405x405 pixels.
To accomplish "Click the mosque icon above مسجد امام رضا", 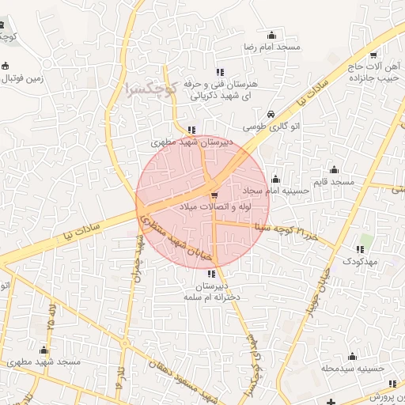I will pos(273,35).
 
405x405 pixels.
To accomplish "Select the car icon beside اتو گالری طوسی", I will pos(271,114).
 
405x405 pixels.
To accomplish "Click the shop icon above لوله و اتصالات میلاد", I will pos(214,194).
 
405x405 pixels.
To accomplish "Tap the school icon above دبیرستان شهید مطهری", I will pos(191,131).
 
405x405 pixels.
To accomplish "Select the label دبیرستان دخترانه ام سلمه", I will pos(210,290).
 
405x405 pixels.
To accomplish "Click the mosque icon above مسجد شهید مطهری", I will pos(44,350).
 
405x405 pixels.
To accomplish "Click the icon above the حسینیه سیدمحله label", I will pos(353,356).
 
